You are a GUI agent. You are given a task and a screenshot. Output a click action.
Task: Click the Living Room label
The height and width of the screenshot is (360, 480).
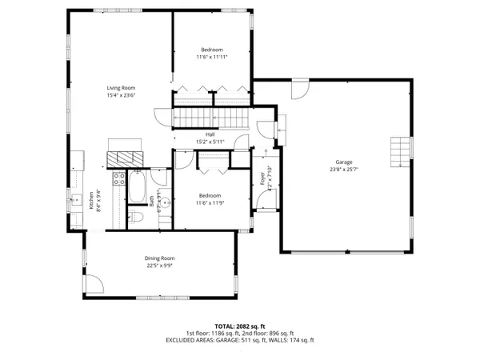(x=122, y=88)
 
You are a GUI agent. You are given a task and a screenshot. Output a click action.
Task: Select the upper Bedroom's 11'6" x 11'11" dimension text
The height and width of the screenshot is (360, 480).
(x=212, y=58)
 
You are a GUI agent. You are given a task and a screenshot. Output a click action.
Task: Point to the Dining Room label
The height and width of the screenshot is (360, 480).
(x=160, y=258)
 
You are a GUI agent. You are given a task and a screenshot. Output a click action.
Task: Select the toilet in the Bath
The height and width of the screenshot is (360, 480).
(x=136, y=217)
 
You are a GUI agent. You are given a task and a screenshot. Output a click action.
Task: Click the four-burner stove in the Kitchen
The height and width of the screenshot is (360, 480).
(x=118, y=179)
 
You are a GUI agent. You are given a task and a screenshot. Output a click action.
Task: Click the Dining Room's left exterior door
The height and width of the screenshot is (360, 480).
(x=93, y=283)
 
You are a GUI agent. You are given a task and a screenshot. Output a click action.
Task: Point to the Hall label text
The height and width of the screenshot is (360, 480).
(x=210, y=134)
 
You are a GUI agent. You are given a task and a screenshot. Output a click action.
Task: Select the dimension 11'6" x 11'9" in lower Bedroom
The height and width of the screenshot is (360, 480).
(x=210, y=202)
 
